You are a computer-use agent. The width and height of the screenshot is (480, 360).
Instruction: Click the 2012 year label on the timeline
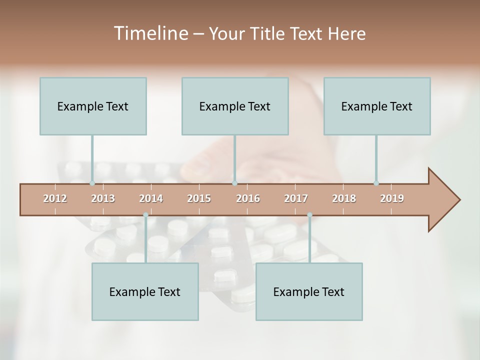55,198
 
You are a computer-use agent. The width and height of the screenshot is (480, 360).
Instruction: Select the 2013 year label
103,198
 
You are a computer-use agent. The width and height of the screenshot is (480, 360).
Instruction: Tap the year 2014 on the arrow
151,198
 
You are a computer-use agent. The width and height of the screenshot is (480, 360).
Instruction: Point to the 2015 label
199,198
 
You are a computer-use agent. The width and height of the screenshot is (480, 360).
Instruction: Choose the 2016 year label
248,198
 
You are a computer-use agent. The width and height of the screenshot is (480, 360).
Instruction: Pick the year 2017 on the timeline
296,198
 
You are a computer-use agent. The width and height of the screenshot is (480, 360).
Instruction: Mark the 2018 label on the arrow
344,198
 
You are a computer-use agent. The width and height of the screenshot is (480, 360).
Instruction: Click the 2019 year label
392,198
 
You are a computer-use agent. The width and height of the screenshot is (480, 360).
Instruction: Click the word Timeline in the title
150,33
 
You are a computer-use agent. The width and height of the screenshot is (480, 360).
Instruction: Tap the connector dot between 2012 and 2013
92,183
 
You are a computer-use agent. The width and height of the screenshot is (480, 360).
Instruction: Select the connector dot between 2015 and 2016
234,183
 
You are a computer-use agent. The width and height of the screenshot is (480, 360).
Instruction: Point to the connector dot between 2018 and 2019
376,183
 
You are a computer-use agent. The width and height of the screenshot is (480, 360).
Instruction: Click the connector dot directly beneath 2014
145,215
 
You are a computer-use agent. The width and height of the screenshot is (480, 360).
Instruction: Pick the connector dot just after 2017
309,215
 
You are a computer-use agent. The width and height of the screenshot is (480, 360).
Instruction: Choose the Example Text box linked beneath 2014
145,291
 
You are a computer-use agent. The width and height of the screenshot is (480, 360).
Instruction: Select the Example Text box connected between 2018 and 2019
377,106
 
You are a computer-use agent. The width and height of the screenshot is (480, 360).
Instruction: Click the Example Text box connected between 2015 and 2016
235,106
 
